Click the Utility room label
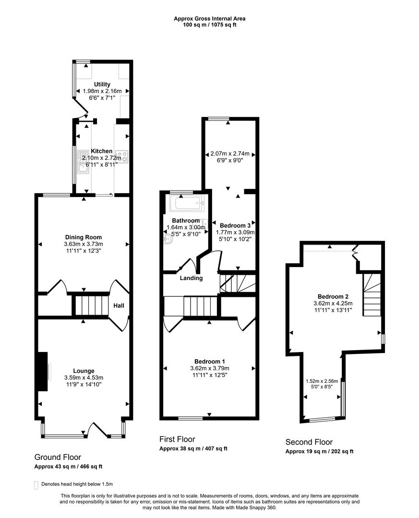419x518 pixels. [x=102, y=84]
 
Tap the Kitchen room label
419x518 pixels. [x=102, y=151]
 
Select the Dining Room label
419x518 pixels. [x=84, y=237]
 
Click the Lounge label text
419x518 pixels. [x=84, y=371]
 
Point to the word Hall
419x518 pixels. [x=119, y=305]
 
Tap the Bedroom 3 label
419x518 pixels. [x=235, y=225]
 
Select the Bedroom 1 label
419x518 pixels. [x=209, y=362]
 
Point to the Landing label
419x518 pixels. [x=191, y=278]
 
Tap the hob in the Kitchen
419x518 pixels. [x=123, y=155]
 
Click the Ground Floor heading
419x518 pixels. [x=58, y=457]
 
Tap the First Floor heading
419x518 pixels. [x=177, y=439]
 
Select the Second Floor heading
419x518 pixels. [x=309, y=442]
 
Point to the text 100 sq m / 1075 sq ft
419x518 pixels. [x=209, y=25]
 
